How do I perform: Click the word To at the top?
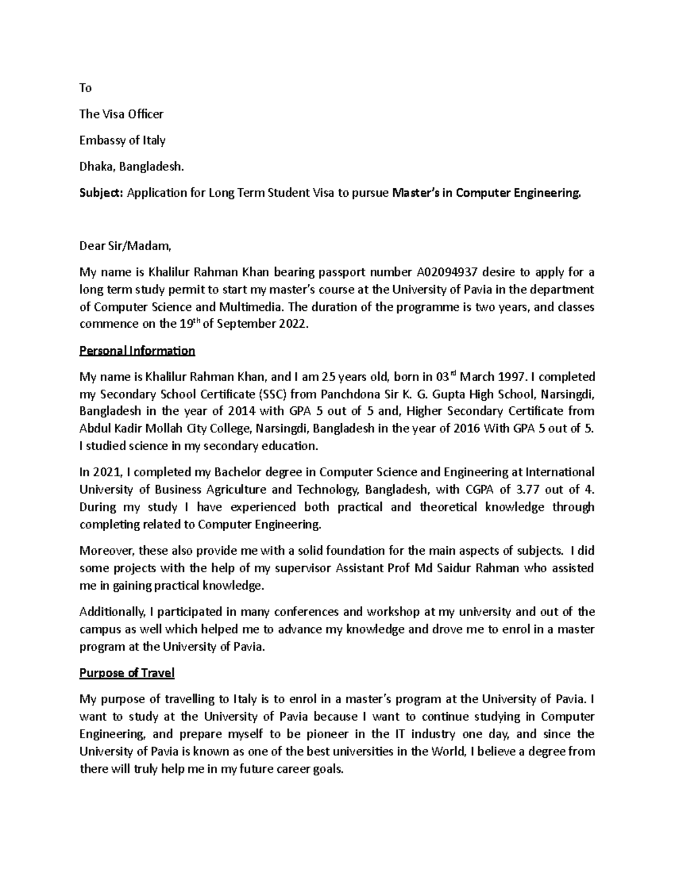[x=85, y=88]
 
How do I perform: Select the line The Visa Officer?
[x=121, y=114]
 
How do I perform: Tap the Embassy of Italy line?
[x=123, y=141]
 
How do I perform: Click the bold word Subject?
[x=102, y=193]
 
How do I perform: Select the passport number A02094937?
[x=447, y=273]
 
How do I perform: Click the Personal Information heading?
[x=137, y=351]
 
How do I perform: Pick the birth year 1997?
[x=511, y=377]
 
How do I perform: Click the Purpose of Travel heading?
[x=127, y=673]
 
